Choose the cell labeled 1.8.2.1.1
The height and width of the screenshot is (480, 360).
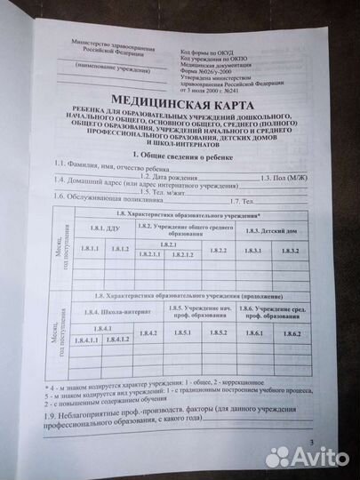tap(149, 255)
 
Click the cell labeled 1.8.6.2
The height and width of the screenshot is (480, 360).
tap(296, 332)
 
